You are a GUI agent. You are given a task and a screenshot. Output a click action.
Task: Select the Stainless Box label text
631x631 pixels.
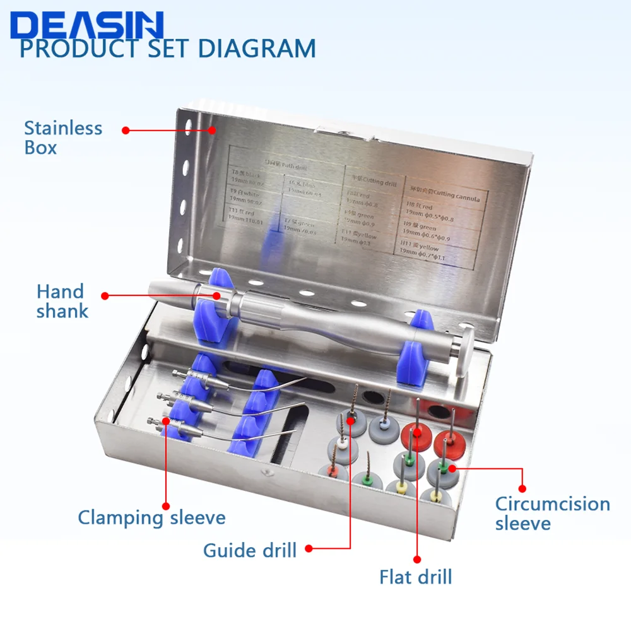click(x=62, y=138)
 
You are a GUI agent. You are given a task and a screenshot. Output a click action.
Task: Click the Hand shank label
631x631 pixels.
click(x=61, y=301)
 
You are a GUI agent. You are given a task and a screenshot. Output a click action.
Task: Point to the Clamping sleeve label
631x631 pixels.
click(x=151, y=518)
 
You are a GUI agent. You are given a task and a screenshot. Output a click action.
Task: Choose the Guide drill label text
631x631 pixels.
click(x=250, y=550)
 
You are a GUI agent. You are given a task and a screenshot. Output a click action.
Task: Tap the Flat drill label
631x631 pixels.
click(x=416, y=576)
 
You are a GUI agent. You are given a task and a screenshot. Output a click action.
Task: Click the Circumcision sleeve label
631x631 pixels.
click(x=552, y=514)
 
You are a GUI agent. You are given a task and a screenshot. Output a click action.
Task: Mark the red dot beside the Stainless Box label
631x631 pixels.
click(x=126, y=131)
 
